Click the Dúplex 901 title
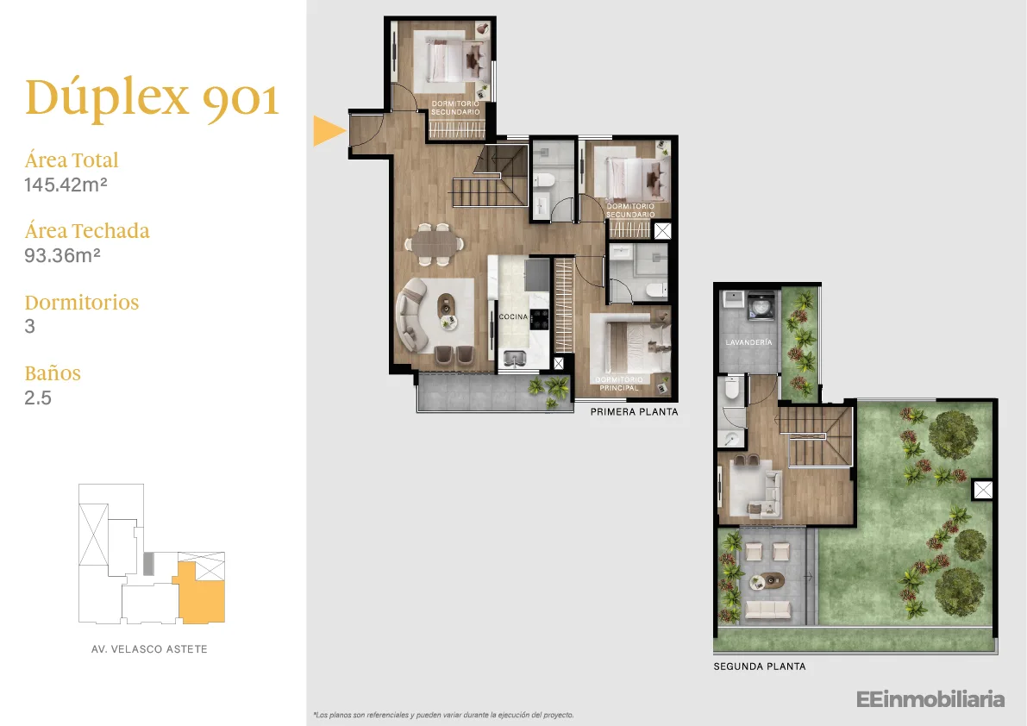click(152, 99)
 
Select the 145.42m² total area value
click(66, 185)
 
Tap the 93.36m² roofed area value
click(62, 255)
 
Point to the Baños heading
click(53, 373)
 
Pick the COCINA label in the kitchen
click(514, 316)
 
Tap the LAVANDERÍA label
click(748, 342)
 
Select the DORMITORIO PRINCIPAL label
click(619, 384)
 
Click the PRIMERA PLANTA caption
click(634, 412)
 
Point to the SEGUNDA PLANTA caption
click(760, 667)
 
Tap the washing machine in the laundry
click(761, 306)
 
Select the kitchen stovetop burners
click(540, 319)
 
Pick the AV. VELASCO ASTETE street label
click(149, 649)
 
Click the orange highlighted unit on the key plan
click(203, 597)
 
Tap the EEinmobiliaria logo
click(930, 699)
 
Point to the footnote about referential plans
click(443, 715)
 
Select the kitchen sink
click(515, 358)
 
